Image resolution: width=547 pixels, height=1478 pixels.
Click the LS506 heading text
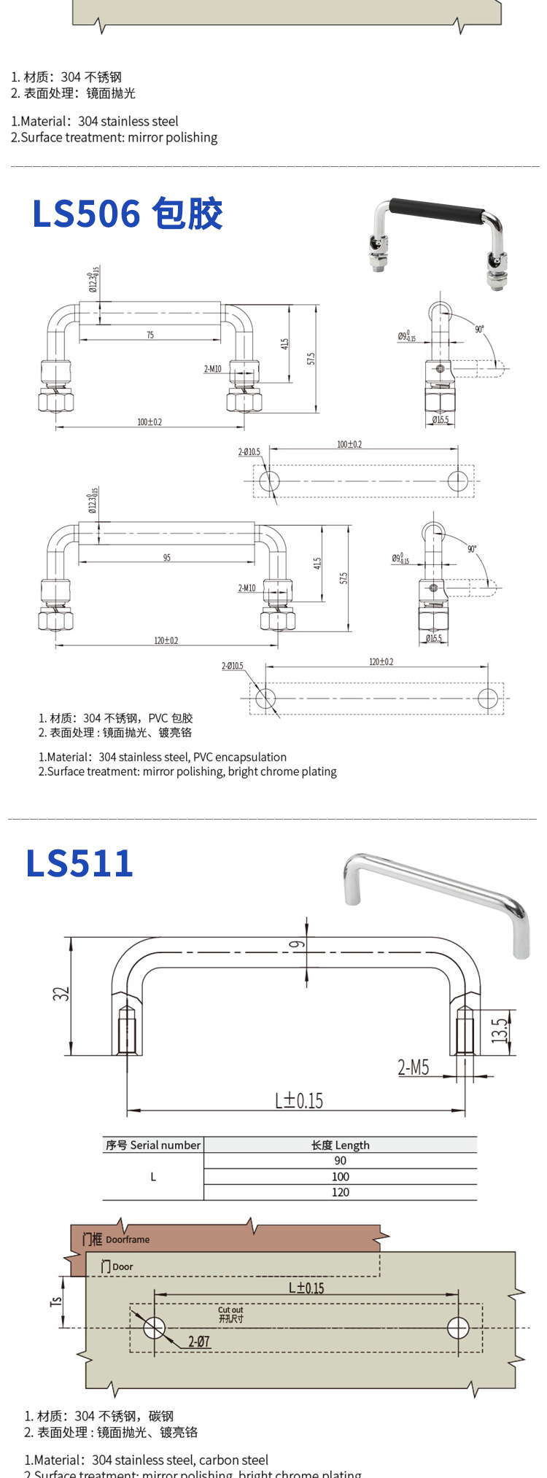[127, 214]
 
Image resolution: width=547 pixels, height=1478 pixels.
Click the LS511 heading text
[79, 863]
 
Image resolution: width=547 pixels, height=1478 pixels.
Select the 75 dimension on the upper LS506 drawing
[150, 335]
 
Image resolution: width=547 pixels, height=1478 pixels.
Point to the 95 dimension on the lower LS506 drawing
[167, 558]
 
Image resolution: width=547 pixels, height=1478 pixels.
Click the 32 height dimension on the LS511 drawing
[61, 993]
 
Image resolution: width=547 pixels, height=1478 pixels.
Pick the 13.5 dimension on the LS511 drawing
[500, 1030]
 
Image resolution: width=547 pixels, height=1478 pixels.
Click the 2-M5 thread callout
[413, 1068]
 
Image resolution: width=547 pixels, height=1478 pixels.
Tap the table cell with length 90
[340, 1161]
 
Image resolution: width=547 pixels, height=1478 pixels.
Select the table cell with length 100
[340, 1176]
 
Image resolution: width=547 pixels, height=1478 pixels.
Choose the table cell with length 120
[340, 1192]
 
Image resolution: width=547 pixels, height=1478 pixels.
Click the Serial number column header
[152, 1145]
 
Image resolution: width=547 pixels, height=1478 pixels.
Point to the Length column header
[340, 1145]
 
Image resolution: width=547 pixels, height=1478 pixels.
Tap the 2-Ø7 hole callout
[198, 1341]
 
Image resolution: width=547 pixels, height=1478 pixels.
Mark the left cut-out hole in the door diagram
[154, 1327]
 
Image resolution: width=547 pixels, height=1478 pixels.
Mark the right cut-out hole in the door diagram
[458, 1327]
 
